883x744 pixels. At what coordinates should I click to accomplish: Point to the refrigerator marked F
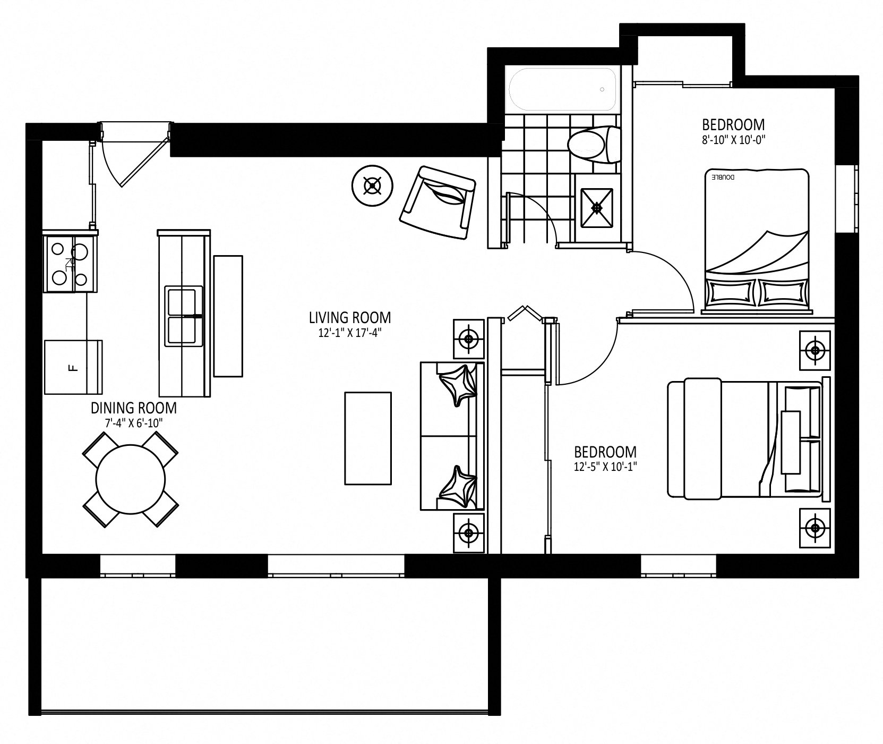(73, 367)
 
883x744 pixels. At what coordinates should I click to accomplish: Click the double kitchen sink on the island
(184, 317)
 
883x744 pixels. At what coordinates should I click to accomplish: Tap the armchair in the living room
(437, 204)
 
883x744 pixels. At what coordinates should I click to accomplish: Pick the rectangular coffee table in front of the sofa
(368, 438)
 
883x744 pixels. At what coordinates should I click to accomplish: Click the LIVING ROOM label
(350, 318)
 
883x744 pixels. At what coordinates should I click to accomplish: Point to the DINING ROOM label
(133, 408)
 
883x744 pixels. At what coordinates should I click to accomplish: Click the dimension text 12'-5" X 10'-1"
(606, 467)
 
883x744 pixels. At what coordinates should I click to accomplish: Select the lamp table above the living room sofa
(468, 339)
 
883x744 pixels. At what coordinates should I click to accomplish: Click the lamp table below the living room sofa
(468, 532)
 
